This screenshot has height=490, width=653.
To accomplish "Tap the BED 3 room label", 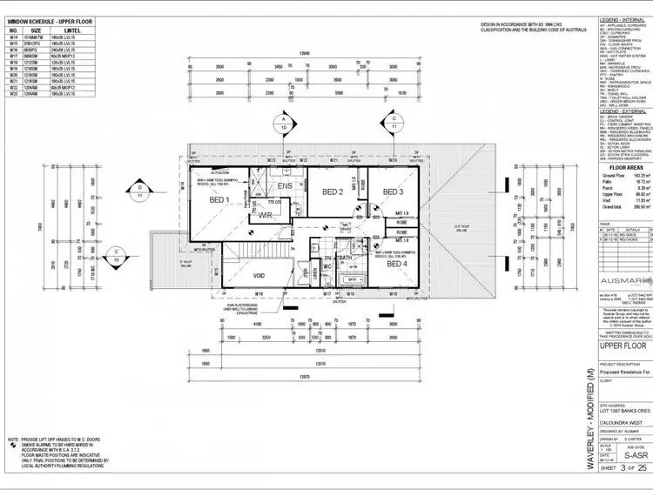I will tap(394, 191).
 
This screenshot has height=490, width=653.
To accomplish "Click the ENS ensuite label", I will tap(285, 186).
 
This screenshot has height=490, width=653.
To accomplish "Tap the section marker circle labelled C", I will tap(394, 120).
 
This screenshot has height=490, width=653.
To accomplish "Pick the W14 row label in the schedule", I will tap(13, 37).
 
